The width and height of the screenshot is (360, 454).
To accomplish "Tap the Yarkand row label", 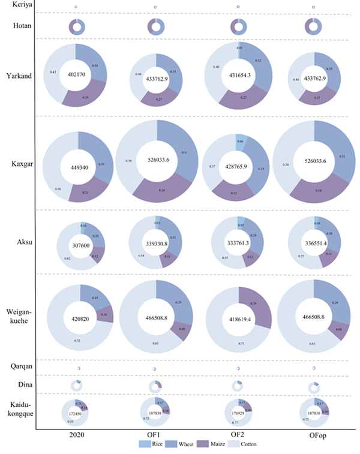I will (20, 76).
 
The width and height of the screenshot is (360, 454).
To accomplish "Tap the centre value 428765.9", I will (236, 169).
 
